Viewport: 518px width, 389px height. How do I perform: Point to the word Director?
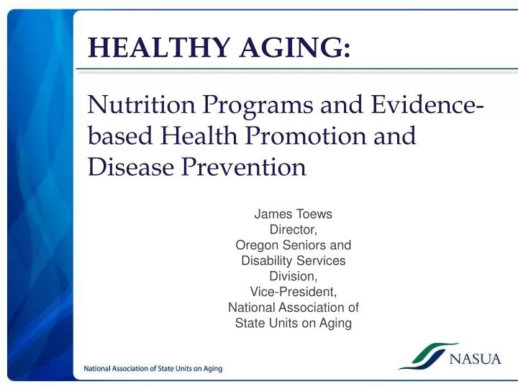click(294, 230)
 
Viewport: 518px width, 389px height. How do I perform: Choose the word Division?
click(294, 276)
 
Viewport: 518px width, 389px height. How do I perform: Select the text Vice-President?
click(294, 292)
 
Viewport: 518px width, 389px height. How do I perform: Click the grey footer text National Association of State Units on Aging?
click(153, 369)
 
